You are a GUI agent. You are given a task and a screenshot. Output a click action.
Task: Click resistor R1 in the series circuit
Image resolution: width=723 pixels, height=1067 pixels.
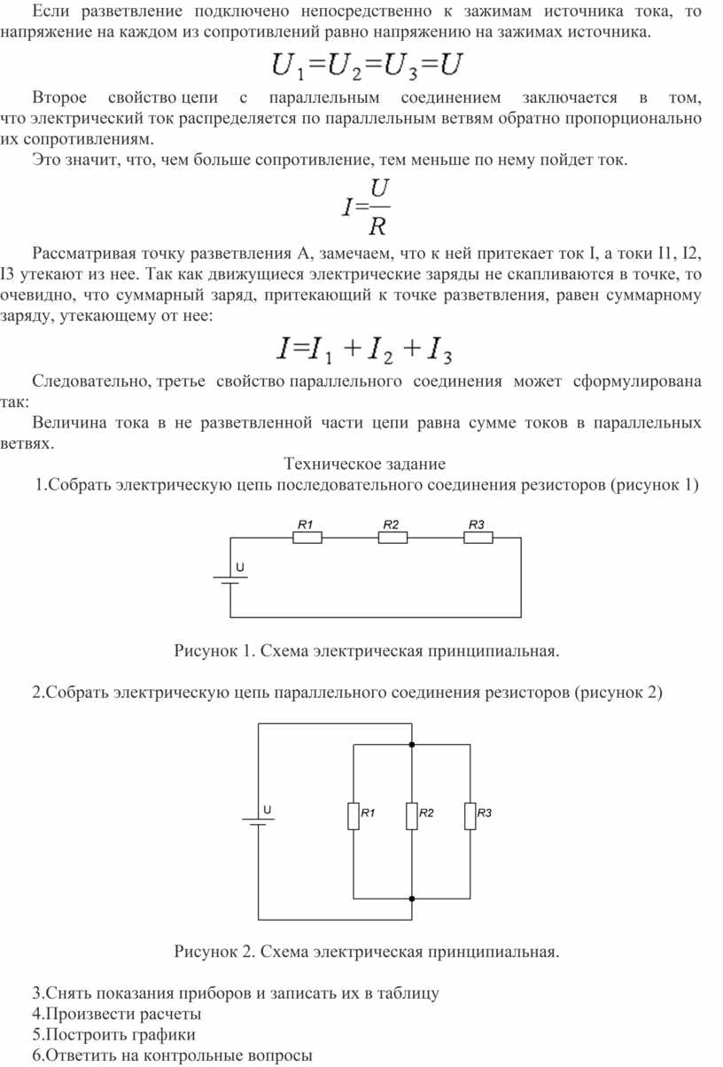[x=307, y=537]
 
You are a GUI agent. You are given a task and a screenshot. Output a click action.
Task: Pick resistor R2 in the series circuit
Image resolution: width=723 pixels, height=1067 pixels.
[x=393, y=537]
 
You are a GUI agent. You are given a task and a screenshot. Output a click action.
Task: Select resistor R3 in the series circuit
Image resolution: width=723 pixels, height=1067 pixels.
[x=478, y=537]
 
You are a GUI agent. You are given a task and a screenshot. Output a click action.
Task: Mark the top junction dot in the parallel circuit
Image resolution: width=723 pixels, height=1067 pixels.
[x=412, y=745]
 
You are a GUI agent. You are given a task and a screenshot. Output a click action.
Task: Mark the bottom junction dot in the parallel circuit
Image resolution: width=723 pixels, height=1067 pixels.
[x=412, y=898]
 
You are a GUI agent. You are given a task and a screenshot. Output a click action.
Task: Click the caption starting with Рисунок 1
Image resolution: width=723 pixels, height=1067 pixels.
[x=367, y=652]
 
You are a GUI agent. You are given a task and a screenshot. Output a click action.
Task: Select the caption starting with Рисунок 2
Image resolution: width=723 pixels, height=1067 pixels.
[x=367, y=952]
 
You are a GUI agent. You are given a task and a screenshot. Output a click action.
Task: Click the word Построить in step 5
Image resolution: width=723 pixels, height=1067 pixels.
[x=83, y=1034]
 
